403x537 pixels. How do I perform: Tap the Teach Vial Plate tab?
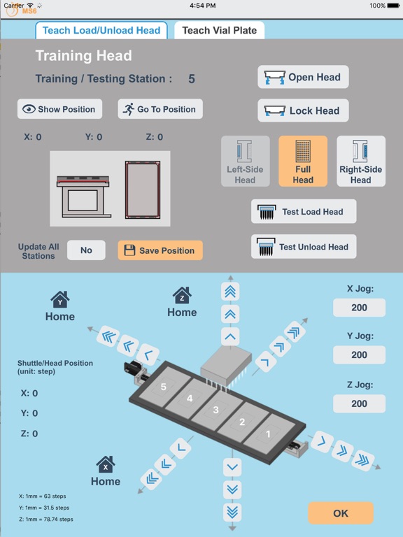[219, 31]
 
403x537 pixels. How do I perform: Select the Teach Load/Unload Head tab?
[101, 31]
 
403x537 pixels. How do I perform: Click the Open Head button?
[303, 77]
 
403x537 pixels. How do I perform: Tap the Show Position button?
[59, 109]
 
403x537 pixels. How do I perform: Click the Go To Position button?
[160, 109]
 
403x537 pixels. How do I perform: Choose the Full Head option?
[303, 162]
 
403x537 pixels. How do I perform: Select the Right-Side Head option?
[361, 162]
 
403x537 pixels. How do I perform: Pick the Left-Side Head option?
[245, 162]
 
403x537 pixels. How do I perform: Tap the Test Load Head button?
[304, 212]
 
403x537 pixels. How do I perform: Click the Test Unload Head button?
[304, 247]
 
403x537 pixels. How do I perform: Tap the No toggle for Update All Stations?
[86, 250]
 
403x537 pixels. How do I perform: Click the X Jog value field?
[359, 308]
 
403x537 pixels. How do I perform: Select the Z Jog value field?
[359, 403]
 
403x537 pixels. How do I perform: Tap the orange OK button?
[341, 513]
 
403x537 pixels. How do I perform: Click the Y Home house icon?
[60, 300]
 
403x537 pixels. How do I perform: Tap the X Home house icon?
[106, 464]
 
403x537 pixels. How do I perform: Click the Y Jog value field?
[359, 355]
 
